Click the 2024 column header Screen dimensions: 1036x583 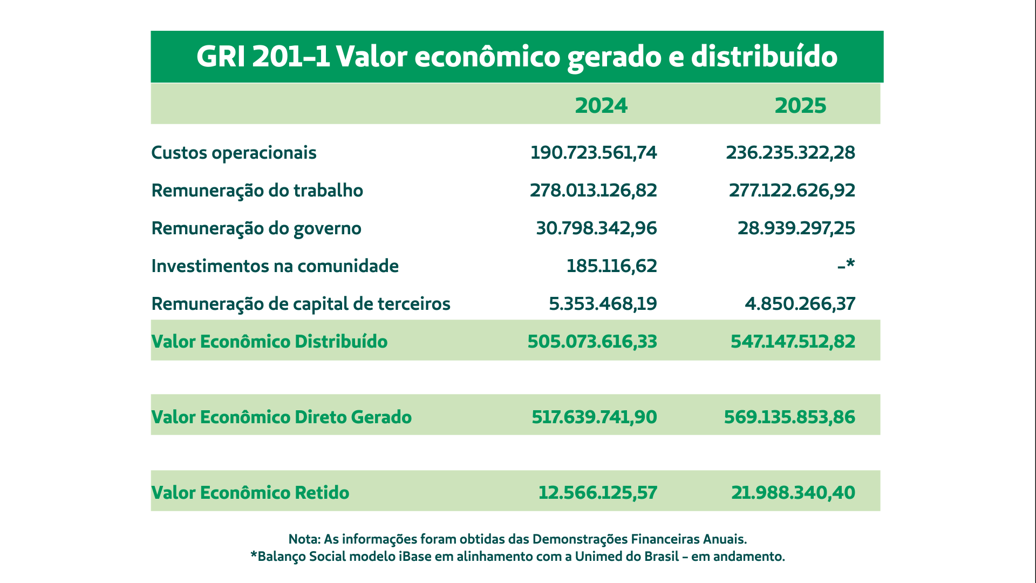pyautogui.click(x=601, y=105)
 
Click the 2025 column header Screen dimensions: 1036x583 pyautogui.click(x=800, y=105)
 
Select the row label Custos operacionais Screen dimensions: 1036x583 pyautogui.click(x=234, y=153)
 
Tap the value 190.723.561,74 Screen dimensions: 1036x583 pyautogui.click(x=594, y=153)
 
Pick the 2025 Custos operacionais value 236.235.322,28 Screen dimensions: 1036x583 pyautogui.click(x=790, y=153)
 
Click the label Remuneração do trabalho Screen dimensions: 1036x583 pyautogui.click(x=257, y=191)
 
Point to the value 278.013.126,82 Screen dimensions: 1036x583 pyautogui.click(x=594, y=191)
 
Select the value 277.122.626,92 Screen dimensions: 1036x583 pyautogui.click(x=792, y=191)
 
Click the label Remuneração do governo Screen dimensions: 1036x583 pyautogui.click(x=256, y=228)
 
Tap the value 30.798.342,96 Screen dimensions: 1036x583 pyautogui.click(x=596, y=228)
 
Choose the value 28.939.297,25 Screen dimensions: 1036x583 pyautogui.click(x=796, y=228)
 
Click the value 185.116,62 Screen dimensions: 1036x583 pyautogui.click(x=612, y=266)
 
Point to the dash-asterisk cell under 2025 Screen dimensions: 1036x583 pyautogui.click(x=846, y=265)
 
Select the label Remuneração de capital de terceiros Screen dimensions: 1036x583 pyautogui.click(x=301, y=304)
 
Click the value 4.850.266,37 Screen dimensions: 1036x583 pyautogui.click(x=800, y=304)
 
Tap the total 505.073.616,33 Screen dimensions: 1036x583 pyautogui.click(x=592, y=342)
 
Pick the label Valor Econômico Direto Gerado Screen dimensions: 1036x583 pyautogui.click(x=281, y=417)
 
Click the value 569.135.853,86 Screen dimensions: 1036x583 pyautogui.click(x=789, y=417)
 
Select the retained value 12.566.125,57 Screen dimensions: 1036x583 pyautogui.click(x=598, y=493)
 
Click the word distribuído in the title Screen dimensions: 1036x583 pyautogui.click(x=764, y=56)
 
